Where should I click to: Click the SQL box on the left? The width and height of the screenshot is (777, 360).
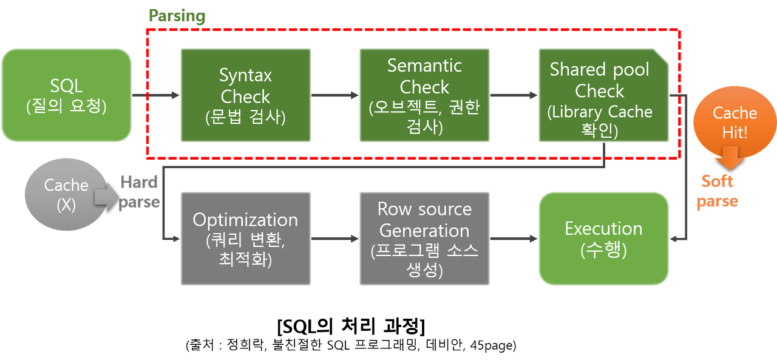point(66,95)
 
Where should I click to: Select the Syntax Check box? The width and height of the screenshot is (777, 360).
point(245,95)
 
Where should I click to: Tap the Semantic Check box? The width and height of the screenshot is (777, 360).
point(424,95)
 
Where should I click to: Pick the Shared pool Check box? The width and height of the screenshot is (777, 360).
point(603,95)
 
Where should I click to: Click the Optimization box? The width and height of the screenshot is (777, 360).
point(245,239)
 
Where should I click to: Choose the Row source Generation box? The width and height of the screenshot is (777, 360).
point(424,239)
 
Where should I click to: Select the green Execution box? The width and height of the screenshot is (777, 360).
point(603,239)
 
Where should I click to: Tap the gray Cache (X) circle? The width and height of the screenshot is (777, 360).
point(66,194)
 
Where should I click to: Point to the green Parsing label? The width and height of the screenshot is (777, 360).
point(177,16)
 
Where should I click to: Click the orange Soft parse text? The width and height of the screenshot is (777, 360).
point(718,191)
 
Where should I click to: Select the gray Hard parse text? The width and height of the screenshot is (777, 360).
point(140,192)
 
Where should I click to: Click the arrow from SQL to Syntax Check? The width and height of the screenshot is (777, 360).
point(156,95)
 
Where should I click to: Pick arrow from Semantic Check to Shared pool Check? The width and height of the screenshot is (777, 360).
point(514,95)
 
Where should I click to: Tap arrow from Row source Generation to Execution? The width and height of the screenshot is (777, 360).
point(514,239)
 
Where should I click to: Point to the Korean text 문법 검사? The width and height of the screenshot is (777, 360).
point(245,117)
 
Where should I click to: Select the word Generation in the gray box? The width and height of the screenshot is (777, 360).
point(424,231)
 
